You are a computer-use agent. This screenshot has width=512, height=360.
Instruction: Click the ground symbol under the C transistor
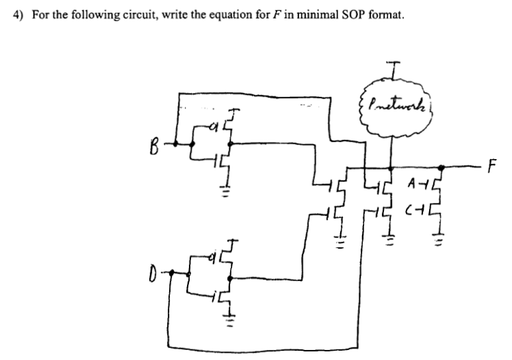coord(438,241)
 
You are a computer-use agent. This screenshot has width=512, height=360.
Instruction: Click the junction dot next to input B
coord(175,142)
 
